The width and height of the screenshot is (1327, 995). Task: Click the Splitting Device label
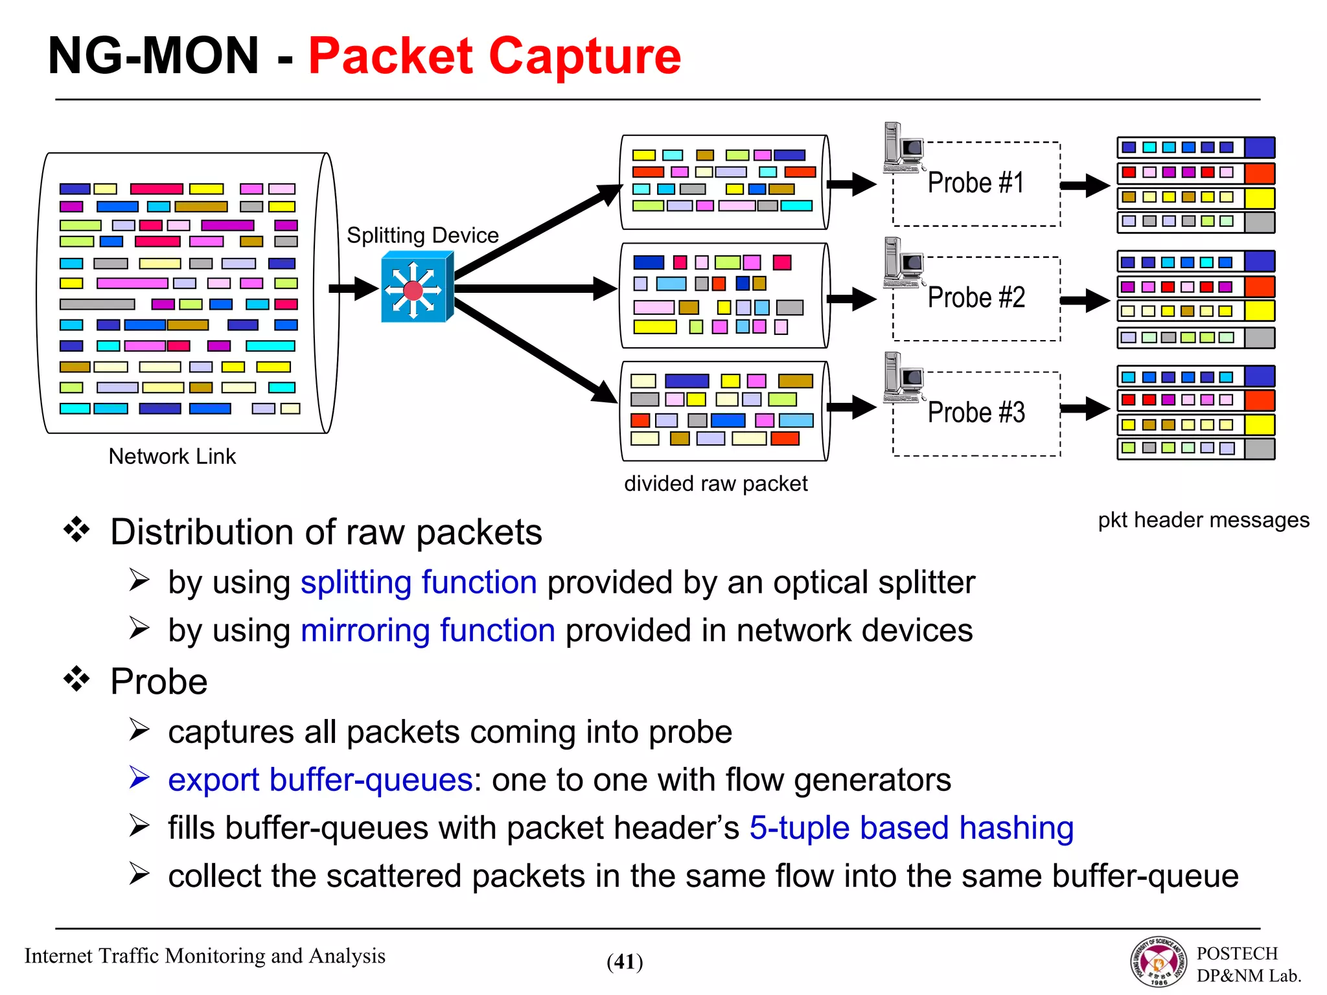[x=422, y=235]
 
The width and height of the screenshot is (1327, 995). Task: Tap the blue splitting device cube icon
[x=416, y=288]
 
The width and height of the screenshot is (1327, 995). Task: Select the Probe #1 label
[x=976, y=183]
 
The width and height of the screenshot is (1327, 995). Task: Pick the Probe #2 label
[x=976, y=298]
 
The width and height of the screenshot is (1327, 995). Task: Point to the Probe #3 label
[x=976, y=413]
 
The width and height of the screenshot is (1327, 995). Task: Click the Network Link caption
[x=172, y=456]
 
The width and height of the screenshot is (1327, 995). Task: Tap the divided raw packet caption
[x=715, y=483]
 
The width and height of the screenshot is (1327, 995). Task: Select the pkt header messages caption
[x=1203, y=520]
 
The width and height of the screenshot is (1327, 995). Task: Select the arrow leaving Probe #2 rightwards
[x=1085, y=300]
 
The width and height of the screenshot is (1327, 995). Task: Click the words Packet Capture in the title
[x=494, y=56]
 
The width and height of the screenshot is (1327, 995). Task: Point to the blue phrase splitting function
[x=419, y=582]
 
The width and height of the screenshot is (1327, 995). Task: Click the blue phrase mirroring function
[x=428, y=630]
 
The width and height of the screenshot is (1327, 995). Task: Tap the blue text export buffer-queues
[x=320, y=779]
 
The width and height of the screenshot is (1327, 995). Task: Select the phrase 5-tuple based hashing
[x=911, y=828]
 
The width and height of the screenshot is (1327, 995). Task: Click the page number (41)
[x=625, y=962]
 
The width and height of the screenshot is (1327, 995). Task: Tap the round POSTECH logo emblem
[x=1159, y=962]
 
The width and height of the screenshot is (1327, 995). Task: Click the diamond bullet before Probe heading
[x=76, y=680]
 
